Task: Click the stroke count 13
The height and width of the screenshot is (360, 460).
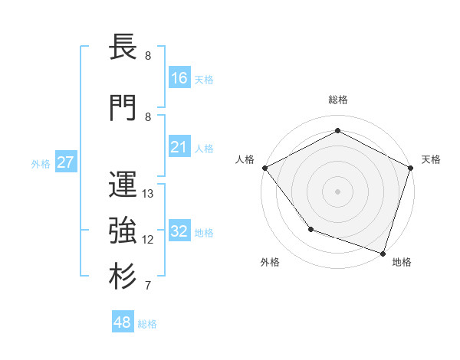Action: pos(149,194)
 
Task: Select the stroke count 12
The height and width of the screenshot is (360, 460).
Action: pos(149,240)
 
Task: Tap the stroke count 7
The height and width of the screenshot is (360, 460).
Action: pos(147,286)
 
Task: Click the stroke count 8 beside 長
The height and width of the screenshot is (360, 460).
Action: pos(147,56)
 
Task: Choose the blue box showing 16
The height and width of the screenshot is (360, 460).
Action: pos(179,77)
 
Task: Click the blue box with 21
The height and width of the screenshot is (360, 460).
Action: pos(179,147)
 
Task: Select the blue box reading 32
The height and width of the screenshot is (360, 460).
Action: pos(179,232)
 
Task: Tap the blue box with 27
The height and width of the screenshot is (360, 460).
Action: pos(65,162)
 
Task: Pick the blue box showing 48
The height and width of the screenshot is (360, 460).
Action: pos(123,322)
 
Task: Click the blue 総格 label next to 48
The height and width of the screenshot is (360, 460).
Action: pos(147,324)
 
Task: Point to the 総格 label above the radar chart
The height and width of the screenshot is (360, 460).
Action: pos(338,100)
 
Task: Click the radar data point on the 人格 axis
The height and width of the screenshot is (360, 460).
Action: pos(264,168)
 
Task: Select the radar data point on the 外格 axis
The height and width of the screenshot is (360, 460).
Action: pos(310,229)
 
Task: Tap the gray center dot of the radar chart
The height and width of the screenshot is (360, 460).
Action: pos(338,191)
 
